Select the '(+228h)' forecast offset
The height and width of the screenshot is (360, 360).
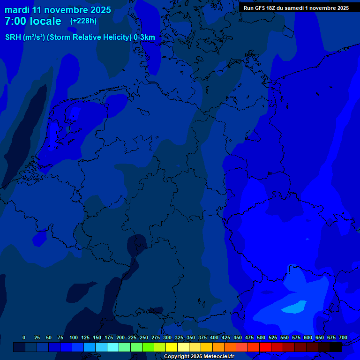[x=83, y=21]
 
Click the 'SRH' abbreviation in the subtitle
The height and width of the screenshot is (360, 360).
[x=14, y=37]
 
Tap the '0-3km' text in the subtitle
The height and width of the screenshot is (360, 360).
[x=144, y=37]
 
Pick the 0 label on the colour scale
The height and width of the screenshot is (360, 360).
[x=24, y=337]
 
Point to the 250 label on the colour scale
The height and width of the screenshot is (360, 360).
[x=144, y=337]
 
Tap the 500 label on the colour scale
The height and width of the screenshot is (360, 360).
[x=261, y=337]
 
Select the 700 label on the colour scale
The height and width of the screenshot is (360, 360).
[x=343, y=337]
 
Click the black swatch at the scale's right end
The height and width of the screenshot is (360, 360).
[x=336, y=347]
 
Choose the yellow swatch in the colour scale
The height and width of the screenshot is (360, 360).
[x=172, y=347]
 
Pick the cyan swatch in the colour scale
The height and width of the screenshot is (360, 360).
[x=113, y=347]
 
